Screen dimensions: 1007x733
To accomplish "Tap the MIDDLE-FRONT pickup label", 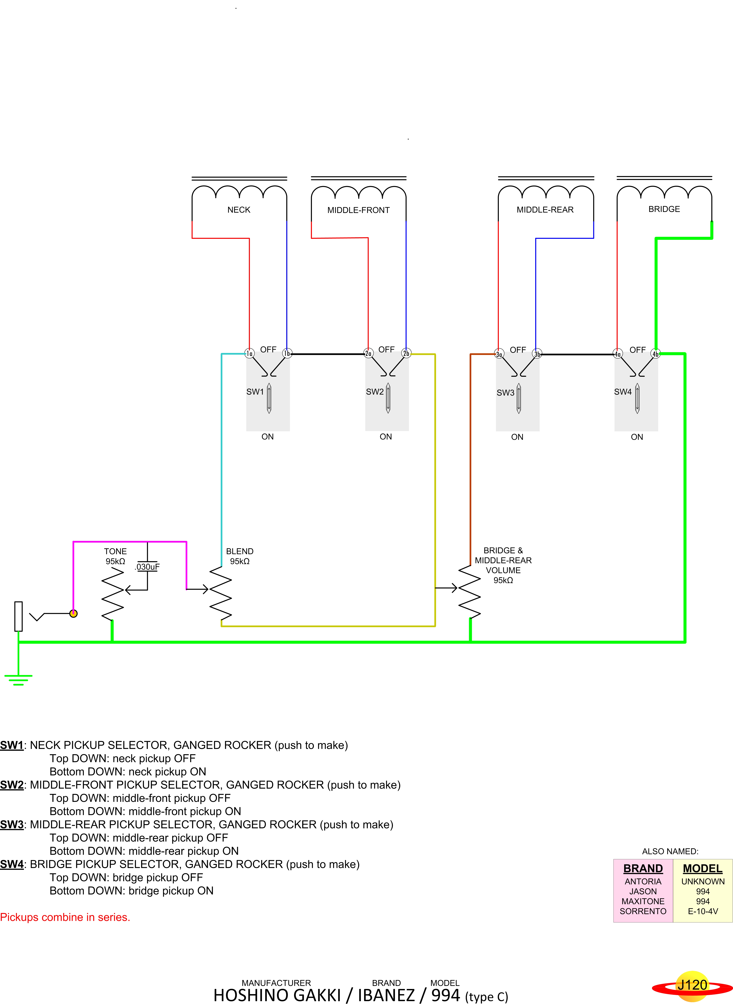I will pos(358,210).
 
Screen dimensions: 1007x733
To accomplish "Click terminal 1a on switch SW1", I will pos(250,353).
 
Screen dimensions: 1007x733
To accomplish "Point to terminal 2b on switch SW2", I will pos(406,353).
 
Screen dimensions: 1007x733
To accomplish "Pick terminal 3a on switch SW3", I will pos(499,354).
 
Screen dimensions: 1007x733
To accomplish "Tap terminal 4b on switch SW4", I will pos(655,354).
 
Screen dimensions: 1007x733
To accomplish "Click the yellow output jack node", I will pos(74,614).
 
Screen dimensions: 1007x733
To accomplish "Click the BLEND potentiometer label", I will pos(240,551).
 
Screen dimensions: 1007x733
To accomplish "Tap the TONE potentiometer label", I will pos(115,551).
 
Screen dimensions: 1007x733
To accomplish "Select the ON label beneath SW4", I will pos(637,437).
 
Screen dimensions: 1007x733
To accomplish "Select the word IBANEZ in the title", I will pos(386,995).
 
